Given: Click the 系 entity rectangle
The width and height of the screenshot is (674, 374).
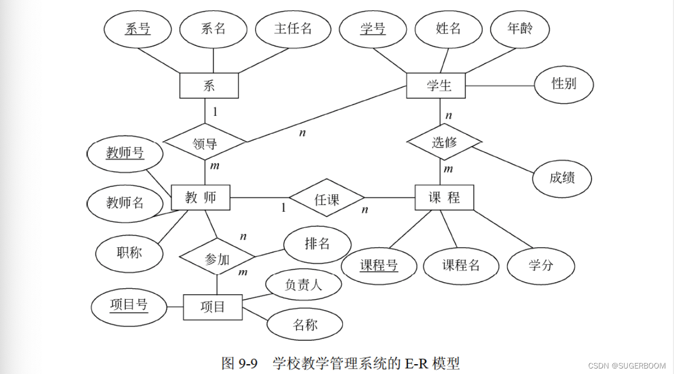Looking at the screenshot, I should pyautogui.click(x=209, y=85).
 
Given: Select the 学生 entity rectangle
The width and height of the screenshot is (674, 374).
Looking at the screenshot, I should pyautogui.click(x=436, y=86).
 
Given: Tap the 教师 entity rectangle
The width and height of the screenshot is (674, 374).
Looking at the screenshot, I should pyautogui.click(x=200, y=197).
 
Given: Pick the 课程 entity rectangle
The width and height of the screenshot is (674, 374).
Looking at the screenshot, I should pyautogui.click(x=444, y=198).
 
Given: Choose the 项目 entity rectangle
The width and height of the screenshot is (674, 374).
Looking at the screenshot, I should pyautogui.click(x=212, y=307).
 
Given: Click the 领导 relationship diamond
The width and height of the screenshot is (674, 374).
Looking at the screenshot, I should pyautogui.click(x=205, y=143).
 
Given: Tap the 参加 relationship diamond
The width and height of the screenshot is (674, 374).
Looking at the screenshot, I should pyautogui.click(x=217, y=258).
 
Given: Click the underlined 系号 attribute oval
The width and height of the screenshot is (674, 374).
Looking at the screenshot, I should pyautogui.click(x=138, y=29).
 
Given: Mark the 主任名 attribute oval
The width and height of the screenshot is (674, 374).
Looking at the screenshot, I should pyautogui.click(x=293, y=29).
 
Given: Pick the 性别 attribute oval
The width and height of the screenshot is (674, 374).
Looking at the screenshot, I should pyautogui.click(x=563, y=84).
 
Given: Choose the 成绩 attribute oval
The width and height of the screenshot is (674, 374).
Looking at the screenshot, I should pyautogui.click(x=562, y=177).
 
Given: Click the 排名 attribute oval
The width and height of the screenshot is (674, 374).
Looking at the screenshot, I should pyautogui.click(x=317, y=243).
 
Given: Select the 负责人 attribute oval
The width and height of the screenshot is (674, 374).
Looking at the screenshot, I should pyautogui.click(x=304, y=284).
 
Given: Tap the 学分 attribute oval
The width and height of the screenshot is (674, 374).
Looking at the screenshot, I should pyautogui.click(x=541, y=266).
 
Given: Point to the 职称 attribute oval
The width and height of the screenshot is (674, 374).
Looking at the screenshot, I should pyautogui.click(x=129, y=253).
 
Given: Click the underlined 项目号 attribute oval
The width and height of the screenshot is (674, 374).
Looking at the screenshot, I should pyautogui.click(x=129, y=305).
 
